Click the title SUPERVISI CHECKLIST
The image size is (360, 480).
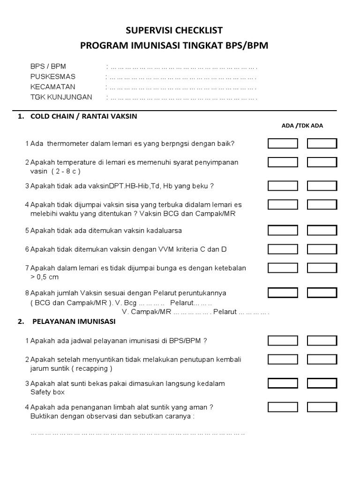174,30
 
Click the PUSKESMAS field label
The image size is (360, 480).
52,76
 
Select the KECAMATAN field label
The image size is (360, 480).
52,87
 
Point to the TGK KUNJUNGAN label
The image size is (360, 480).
61,97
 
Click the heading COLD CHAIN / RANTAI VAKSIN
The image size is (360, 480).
83,116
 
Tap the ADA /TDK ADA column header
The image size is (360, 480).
302,126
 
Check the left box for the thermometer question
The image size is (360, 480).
283,143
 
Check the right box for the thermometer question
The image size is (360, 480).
322,143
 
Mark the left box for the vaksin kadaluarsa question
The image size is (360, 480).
283,230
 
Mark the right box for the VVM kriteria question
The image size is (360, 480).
322,249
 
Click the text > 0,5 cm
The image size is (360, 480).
45,277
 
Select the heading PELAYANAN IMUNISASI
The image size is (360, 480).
74,322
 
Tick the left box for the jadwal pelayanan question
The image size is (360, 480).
283,340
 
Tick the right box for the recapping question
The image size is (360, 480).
322,360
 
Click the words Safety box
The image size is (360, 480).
47,392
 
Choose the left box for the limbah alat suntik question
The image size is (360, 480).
283,407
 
